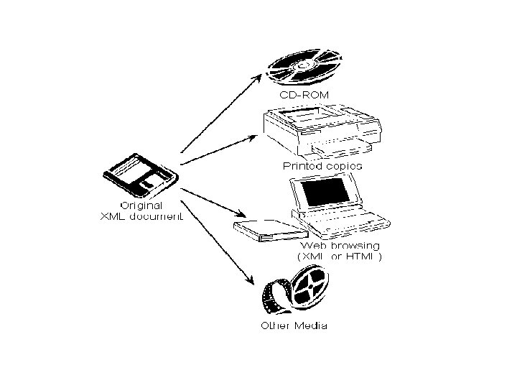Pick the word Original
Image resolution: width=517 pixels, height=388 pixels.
[141, 205]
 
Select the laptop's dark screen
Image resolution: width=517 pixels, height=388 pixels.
[327, 193]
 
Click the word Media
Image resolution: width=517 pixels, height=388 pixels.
[312, 325]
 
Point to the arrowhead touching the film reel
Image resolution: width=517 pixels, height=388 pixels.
[253, 282]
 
